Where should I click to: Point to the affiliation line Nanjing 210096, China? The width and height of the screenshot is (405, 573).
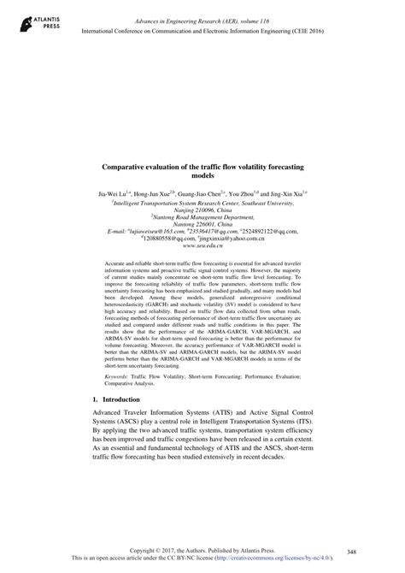click(x=202, y=210)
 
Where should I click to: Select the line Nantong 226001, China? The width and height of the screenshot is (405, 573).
click(x=202, y=224)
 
